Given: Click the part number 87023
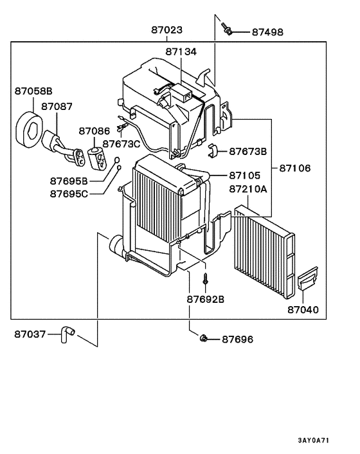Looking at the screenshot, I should (x=166, y=30).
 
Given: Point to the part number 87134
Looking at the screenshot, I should (x=181, y=51).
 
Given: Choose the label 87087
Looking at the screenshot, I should (x=57, y=106).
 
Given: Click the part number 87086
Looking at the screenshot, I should (x=94, y=131).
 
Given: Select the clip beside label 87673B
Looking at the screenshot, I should (x=214, y=152).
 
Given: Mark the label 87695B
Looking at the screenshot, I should (x=71, y=181).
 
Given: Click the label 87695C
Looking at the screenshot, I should (x=71, y=193).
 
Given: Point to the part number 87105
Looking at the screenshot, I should (x=244, y=175).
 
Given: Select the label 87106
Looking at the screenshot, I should (x=294, y=168).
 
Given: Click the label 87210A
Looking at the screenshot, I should (x=248, y=190).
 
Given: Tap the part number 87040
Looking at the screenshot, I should (x=302, y=309).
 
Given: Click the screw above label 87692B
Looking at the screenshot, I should (x=204, y=280).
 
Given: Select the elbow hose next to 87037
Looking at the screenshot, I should (x=67, y=332).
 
